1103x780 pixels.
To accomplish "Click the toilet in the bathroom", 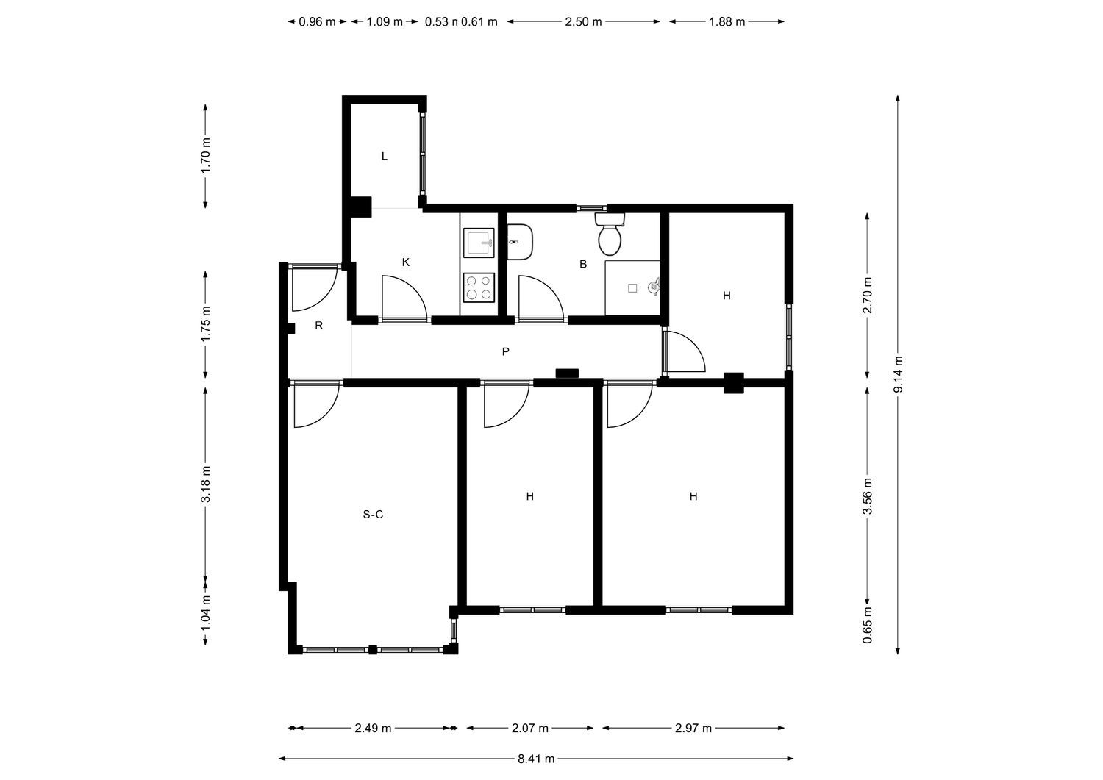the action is pyautogui.click(x=610, y=235).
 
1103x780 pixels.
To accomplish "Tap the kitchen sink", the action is pyautogui.click(x=479, y=243).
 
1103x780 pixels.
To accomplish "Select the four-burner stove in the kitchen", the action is pyautogui.click(x=479, y=287).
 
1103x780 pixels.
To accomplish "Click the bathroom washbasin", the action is pyautogui.click(x=520, y=242).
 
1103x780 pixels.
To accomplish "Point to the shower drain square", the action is pyautogui.click(x=632, y=288).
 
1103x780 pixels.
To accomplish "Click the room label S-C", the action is pyautogui.click(x=373, y=515).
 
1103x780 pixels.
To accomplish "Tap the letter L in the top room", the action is pyautogui.click(x=385, y=157).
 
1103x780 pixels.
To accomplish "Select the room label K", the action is pyautogui.click(x=406, y=262).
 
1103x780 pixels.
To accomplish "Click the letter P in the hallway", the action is pyautogui.click(x=505, y=351).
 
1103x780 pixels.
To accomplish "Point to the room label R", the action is pyautogui.click(x=319, y=326).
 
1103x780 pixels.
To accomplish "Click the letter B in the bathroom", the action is pyautogui.click(x=583, y=265).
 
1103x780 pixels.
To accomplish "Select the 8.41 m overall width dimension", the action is pyautogui.click(x=536, y=759).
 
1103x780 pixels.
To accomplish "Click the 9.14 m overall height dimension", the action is pyautogui.click(x=898, y=374).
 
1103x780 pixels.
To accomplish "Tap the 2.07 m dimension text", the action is pyautogui.click(x=530, y=729).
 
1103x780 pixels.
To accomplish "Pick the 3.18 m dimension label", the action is pyautogui.click(x=206, y=484).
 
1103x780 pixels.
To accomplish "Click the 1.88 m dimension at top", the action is pyautogui.click(x=727, y=21).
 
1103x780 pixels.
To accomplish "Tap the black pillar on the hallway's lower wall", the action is pyautogui.click(x=567, y=373).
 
